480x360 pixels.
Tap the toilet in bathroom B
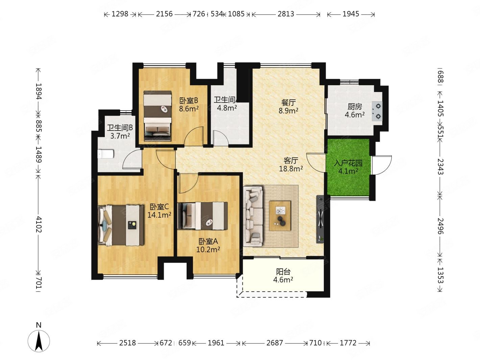coord(106,154)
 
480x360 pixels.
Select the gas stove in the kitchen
coord(377,111)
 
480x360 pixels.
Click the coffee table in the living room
coord(280,216)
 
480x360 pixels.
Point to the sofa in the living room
coord(253,216)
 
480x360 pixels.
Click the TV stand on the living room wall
coord(320,219)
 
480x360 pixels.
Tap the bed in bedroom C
coord(121,225)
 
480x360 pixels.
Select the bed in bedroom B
coord(157,116)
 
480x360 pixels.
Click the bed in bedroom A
coord(202,216)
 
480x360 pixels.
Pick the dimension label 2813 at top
coord(286,14)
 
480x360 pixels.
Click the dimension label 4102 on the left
coord(39,224)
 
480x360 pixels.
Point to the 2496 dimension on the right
coord(440,226)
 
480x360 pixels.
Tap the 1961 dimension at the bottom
coord(216,343)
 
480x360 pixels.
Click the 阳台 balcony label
coord(283,272)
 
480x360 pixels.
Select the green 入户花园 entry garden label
coord(348,163)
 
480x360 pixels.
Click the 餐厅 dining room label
coord(288,102)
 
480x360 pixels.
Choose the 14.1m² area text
coord(159,215)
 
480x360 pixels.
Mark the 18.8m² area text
coord(291,169)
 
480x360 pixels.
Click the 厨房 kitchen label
coord(355,107)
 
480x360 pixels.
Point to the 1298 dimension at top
coord(120,14)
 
